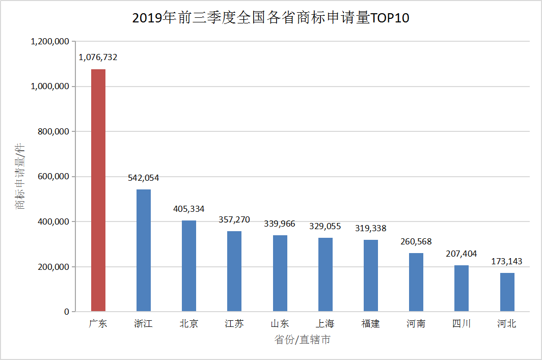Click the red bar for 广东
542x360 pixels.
tap(98, 190)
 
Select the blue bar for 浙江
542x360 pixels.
tap(144, 250)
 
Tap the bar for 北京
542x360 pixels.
tap(189, 265)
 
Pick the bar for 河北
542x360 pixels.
tap(507, 292)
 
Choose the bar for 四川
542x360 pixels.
tap(462, 288)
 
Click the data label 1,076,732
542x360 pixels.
tap(98, 58)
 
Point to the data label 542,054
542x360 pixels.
tap(143, 178)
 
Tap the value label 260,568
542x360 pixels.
tap(416, 241)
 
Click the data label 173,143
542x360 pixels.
tap(506, 261)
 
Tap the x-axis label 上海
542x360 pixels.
tap(325, 323)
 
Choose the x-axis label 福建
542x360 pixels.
tap(370, 323)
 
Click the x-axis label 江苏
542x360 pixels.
tap(234, 323)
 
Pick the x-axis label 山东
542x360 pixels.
tap(280, 323)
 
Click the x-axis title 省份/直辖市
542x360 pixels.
tap(302, 340)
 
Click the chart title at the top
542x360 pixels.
tap(270, 18)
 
